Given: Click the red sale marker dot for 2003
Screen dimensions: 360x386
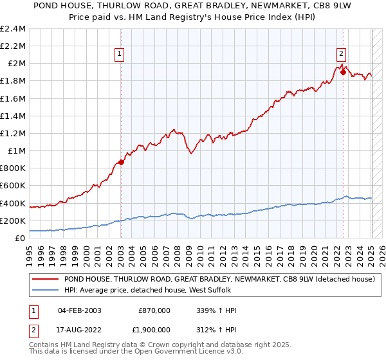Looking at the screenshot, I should coord(121,162).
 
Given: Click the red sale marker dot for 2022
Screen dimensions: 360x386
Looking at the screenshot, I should coord(343,72).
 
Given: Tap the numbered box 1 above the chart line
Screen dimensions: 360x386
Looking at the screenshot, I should coord(120,55).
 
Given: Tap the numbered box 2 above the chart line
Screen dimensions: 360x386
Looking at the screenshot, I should coord(341,55).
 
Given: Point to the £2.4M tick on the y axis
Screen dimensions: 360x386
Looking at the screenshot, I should coord(13,29).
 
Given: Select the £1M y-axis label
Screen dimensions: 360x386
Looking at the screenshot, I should coord(16,151).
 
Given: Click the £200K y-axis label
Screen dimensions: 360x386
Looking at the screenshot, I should coord(14,221).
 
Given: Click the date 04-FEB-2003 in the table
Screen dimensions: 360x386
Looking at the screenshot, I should coord(80,310).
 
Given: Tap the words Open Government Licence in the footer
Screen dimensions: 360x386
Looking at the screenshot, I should coord(178,352).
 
